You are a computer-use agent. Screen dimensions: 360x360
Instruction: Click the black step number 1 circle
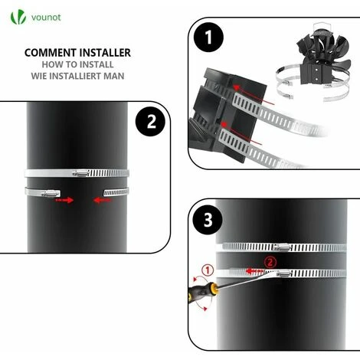pyautogui.click(x=209, y=36)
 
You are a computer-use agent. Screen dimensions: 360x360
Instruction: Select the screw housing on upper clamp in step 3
pyautogui.click(x=282, y=247)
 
